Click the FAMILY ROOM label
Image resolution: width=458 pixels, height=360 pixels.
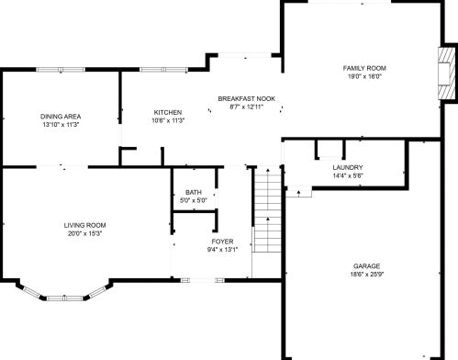tap(364, 68)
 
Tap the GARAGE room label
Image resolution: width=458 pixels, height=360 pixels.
tap(366, 266)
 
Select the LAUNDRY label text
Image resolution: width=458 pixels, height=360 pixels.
tap(348, 167)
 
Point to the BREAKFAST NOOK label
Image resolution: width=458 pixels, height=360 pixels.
tap(246, 98)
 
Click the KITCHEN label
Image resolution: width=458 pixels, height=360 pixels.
tap(168, 112)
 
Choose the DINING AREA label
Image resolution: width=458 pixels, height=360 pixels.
tap(61, 117)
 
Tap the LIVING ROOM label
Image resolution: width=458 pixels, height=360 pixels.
tap(84, 225)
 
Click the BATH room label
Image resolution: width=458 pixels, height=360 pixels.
tap(194, 192)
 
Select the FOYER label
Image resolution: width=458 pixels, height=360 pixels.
tap(222, 242)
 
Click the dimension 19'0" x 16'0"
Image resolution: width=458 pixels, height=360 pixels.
tap(364, 76)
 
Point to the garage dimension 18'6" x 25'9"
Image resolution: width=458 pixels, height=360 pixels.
tap(366, 275)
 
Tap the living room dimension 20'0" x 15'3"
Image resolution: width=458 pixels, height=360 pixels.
tap(84, 233)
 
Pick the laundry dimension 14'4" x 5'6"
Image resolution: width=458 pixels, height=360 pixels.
tap(348, 175)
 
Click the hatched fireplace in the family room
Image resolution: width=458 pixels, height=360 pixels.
tap(447, 73)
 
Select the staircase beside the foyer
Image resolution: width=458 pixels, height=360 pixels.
tap(268, 209)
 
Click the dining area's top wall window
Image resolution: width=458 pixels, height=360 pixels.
tap(61, 70)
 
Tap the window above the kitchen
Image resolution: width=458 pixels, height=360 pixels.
tap(163, 70)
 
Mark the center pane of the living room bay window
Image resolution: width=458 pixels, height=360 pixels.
tap(65, 298)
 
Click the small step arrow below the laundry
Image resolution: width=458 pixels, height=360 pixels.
tap(299, 193)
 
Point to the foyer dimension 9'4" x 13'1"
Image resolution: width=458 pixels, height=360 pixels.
tap(222, 250)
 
